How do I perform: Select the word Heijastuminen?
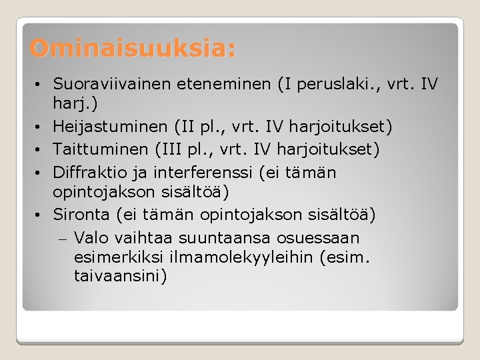pyautogui.click(x=109, y=127)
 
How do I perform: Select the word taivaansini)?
pyautogui.click(x=121, y=275)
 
